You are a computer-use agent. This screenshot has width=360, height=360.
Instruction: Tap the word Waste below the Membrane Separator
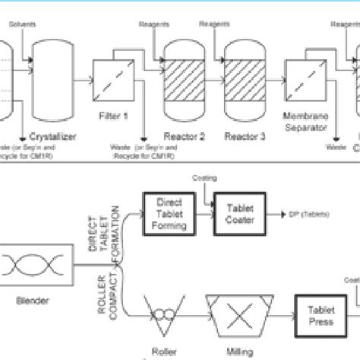pyautogui.click(x=335, y=148)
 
